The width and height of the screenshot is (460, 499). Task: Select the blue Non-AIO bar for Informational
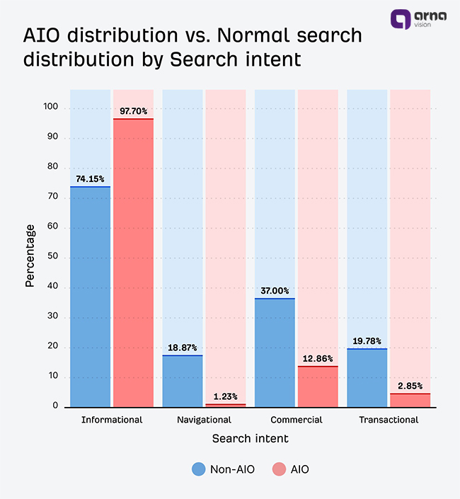[x=90, y=297]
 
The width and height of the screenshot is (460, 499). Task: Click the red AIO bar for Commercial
[x=318, y=386]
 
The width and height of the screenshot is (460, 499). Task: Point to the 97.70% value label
[x=133, y=111]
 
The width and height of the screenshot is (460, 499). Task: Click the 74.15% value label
[x=90, y=179]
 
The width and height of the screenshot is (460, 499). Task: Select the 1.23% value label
[x=225, y=396]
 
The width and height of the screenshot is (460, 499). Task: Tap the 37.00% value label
[x=275, y=291]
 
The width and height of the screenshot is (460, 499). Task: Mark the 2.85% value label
[x=410, y=386]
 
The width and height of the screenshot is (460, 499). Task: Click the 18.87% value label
[x=183, y=348]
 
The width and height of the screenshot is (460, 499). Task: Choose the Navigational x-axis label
[x=204, y=420]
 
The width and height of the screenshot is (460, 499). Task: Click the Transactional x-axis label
[x=389, y=420]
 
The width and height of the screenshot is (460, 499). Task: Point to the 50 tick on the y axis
[x=52, y=258]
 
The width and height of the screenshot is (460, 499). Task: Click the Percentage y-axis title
[x=30, y=256]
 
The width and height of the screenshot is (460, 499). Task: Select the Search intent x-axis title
[x=250, y=439]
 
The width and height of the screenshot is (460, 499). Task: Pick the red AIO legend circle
[x=279, y=469]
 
